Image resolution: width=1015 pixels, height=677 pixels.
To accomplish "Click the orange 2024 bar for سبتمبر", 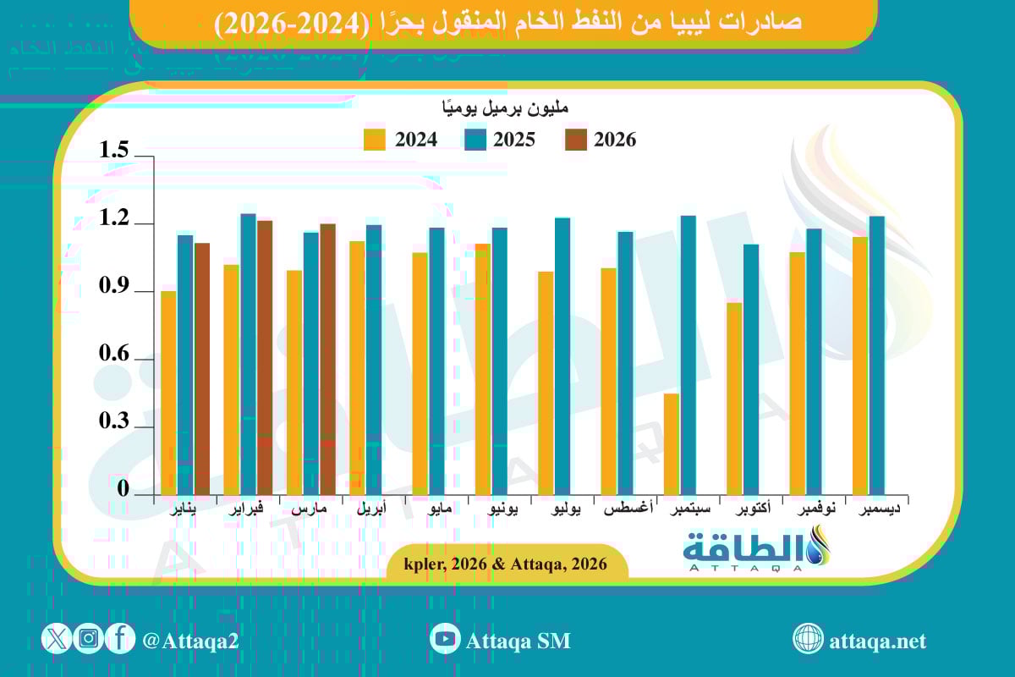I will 671,443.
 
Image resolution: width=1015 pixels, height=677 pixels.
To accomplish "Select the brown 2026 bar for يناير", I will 202,368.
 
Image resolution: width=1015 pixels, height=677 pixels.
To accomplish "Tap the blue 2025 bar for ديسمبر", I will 877,355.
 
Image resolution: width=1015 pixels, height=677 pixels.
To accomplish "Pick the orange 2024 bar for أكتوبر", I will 734,398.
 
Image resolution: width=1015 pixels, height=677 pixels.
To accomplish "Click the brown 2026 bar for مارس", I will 327,359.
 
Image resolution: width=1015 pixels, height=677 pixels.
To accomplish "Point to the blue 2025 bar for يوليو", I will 562,355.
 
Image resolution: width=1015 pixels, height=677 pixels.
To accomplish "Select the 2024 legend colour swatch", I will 375,140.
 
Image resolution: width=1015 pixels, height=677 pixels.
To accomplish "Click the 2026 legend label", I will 614,140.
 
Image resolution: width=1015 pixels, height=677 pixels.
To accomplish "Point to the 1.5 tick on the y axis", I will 113,151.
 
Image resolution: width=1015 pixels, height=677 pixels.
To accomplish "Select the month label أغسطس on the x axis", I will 626,510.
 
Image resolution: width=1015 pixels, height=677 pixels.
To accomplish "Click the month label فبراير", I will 248,510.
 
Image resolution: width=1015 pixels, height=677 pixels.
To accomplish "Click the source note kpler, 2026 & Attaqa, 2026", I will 507,564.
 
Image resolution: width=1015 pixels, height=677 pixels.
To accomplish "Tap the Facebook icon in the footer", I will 120,639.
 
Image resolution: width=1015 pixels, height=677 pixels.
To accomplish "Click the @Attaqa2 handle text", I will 191,641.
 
